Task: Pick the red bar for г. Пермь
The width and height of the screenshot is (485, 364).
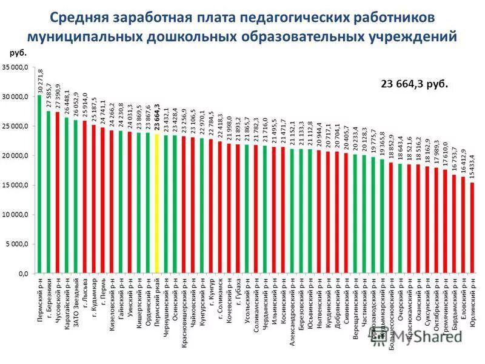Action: point(102,201)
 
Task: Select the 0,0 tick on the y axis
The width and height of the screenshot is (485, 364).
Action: point(22,274)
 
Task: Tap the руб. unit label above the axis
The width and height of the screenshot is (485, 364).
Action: point(18,53)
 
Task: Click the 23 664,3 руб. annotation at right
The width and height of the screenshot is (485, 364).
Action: point(414,84)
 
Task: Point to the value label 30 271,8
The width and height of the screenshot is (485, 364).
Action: point(40,80)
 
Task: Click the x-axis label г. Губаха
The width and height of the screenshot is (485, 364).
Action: point(238,294)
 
